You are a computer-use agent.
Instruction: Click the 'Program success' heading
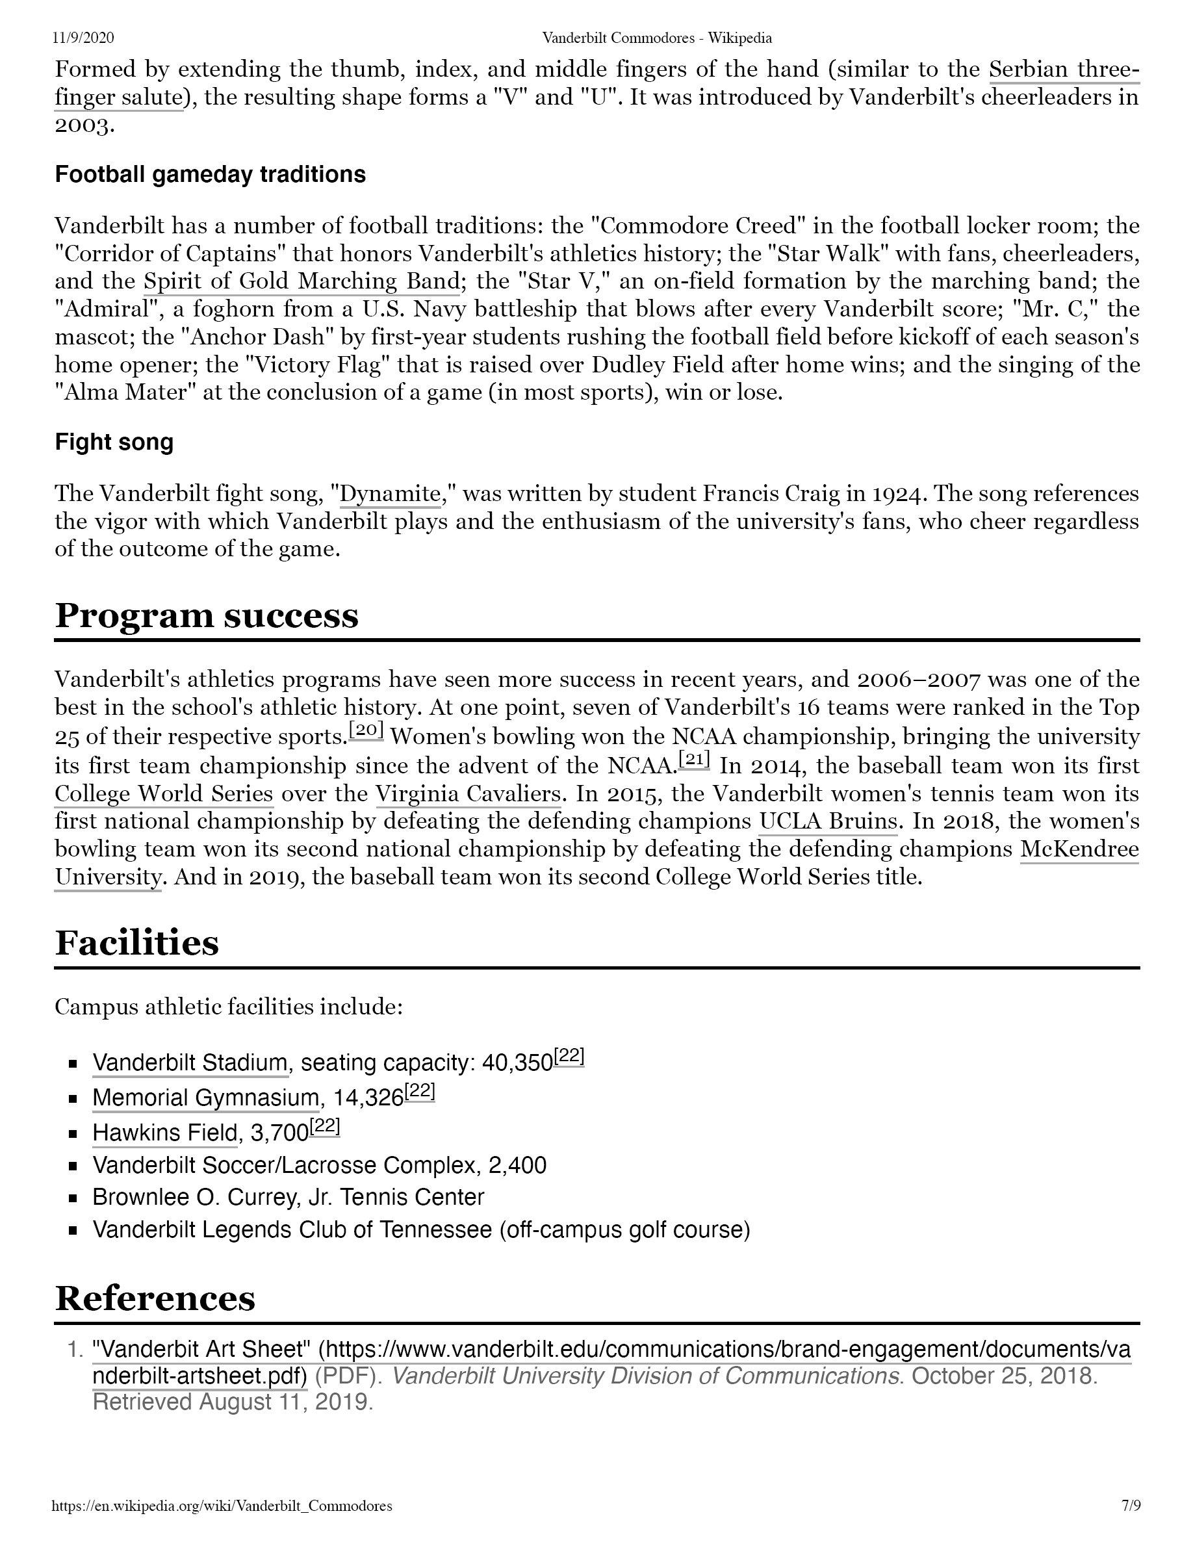[207, 616]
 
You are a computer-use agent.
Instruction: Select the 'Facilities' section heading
[137, 943]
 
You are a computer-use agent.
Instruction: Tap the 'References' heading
[155, 1298]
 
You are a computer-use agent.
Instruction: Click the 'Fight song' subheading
[114, 443]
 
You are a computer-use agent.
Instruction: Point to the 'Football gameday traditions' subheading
[210, 175]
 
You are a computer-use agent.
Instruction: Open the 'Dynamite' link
[390, 493]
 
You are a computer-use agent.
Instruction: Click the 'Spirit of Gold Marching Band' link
[301, 281]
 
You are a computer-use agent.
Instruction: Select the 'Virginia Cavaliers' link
[468, 794]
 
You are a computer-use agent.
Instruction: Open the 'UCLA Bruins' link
[828, 821]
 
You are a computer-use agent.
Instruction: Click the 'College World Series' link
[164, 794]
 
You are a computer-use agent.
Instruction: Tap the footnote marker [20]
[366, 731]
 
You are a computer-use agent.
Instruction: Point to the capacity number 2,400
[517, 1165]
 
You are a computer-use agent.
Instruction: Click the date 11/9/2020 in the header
[83, 38]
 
